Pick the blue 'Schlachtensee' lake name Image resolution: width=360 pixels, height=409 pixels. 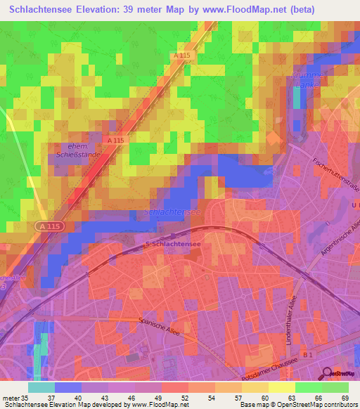[x=172, y=212]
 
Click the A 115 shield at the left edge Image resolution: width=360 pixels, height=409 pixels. [x=44, y=226]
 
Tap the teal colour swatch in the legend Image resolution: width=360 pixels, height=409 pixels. [x=41, y=387]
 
